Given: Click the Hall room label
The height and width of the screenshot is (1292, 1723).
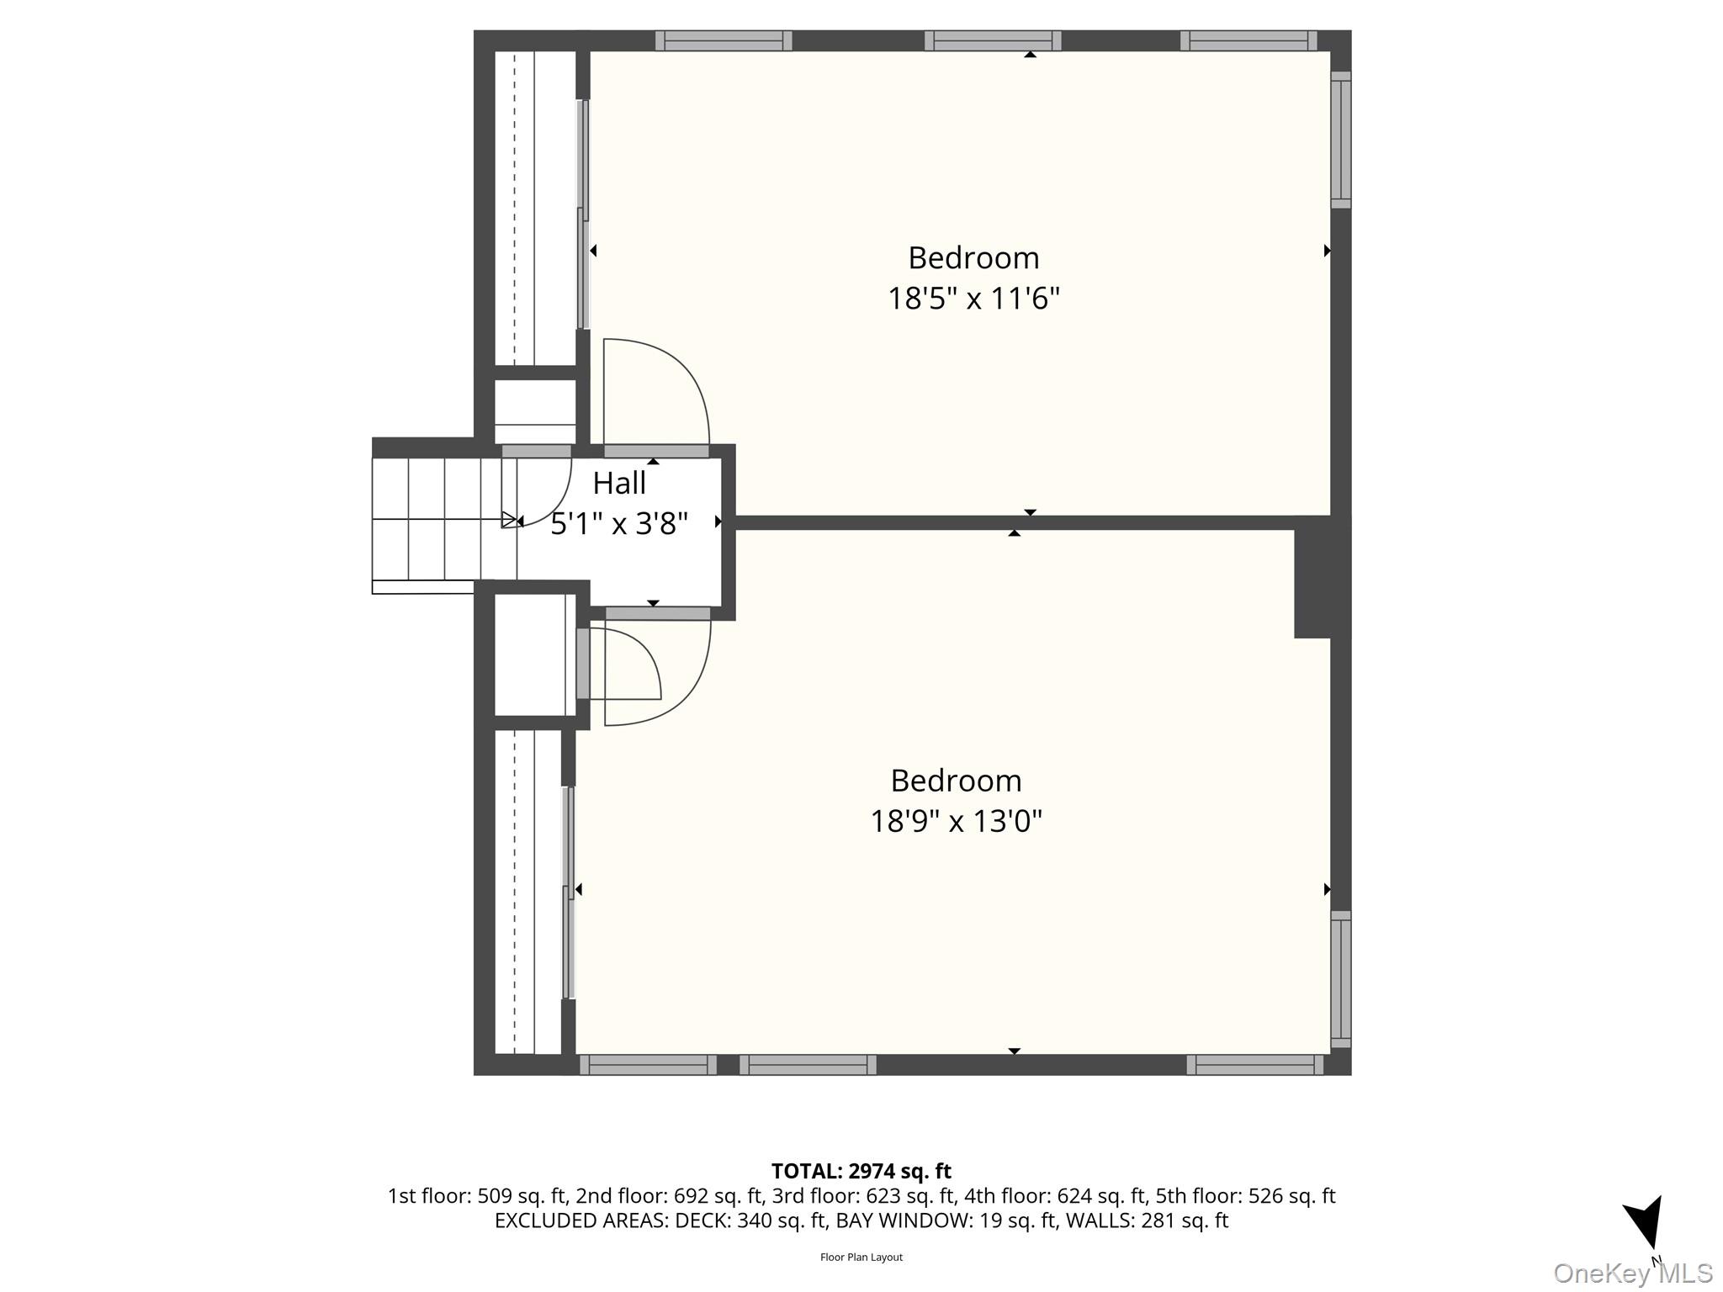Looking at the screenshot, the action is click(619, 483).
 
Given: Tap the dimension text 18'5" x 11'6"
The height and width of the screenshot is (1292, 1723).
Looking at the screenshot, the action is click(973, 298).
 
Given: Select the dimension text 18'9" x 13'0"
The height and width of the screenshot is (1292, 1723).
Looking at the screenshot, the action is click(956, 820).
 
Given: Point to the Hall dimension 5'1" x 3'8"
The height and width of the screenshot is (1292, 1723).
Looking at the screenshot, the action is click(619, 523).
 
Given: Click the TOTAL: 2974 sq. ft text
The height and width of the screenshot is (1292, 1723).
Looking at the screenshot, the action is click(861, 1171).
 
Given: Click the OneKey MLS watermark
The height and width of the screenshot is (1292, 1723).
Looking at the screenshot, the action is click(1632, 1273).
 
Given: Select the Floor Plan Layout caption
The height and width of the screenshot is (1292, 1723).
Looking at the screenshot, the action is click(861, 1258).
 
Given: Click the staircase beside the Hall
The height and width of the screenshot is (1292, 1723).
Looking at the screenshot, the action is click(444, 520).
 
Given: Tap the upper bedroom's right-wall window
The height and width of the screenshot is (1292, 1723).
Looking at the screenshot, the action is click(1341, 140).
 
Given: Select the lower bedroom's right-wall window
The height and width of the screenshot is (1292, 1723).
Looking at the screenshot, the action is click(1341, 979).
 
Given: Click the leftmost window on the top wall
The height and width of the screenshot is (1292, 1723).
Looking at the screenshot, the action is click(724, 40).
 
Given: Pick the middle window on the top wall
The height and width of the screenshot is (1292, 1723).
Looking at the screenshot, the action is click(993, 40).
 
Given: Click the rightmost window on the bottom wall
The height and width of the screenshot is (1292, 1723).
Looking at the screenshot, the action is click(1255, 1065).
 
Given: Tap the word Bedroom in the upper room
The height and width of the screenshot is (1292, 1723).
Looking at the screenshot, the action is click(973, 257).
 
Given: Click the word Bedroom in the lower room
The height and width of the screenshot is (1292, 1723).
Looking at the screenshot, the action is click(956, 781).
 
